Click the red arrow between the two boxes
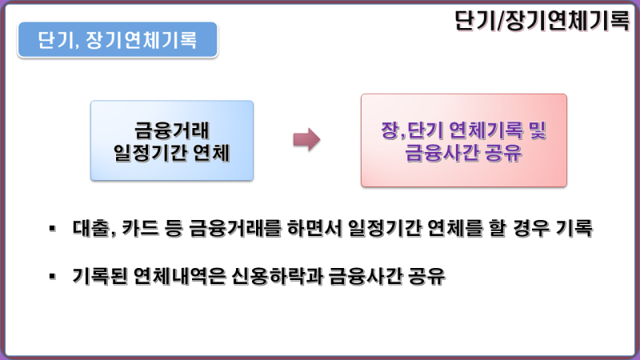click(306, 139)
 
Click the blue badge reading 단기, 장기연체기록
click(118, 39)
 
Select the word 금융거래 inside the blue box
click(172, 130)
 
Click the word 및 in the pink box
click(538, 130)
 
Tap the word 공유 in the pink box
click(504, 153)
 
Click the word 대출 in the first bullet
click(90, 228)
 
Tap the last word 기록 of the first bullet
click(574, 228)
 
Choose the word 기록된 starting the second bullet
click(99, 276)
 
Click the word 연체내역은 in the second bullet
click(179, 276)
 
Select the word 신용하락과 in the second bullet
click(276, 276)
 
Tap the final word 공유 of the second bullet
click(427, 276)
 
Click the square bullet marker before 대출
click(52, 228)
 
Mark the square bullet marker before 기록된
click(52, 276)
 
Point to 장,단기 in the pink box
click(411, 130)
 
